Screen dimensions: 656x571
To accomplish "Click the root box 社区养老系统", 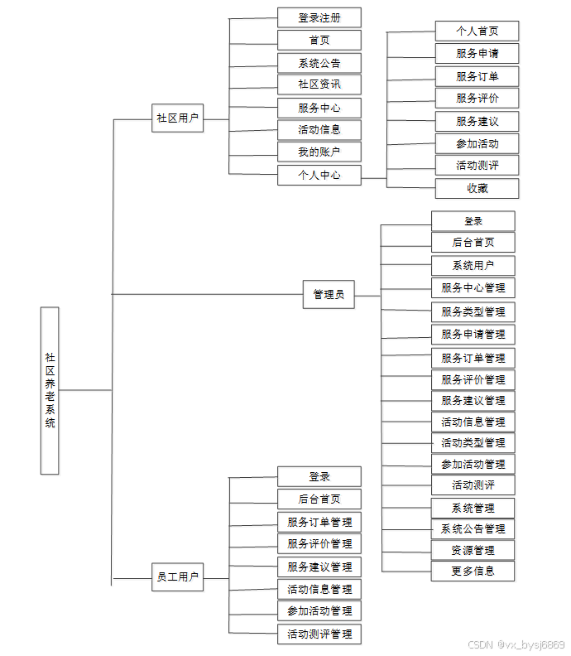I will point(50,390).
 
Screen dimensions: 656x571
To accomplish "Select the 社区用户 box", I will point(178,118).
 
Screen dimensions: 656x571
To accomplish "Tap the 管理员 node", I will point(329,294).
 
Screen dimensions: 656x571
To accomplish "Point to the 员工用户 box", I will point(178,577).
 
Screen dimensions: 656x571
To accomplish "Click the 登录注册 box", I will point(319,17).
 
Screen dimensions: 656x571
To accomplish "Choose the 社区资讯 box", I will point(319,84).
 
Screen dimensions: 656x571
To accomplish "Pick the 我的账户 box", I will point(319,152).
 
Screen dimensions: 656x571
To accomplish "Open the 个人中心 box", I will point(319,176).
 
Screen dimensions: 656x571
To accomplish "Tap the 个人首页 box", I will point(477,31).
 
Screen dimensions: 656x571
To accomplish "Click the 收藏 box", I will point(477,188).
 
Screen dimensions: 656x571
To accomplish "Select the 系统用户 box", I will point(473,266).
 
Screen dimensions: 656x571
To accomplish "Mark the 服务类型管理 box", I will point(473,312).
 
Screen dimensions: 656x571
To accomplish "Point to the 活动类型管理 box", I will point(473,443).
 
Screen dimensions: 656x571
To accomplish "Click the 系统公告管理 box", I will point(473,529).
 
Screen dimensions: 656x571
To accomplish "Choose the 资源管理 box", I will point(473,550).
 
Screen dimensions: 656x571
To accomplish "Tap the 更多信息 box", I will point(473,571).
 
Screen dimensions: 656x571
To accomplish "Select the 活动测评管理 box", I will point(319,634).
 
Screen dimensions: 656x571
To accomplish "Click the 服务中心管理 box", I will point(473,288).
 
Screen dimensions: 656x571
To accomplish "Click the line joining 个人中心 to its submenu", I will point(374,177).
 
